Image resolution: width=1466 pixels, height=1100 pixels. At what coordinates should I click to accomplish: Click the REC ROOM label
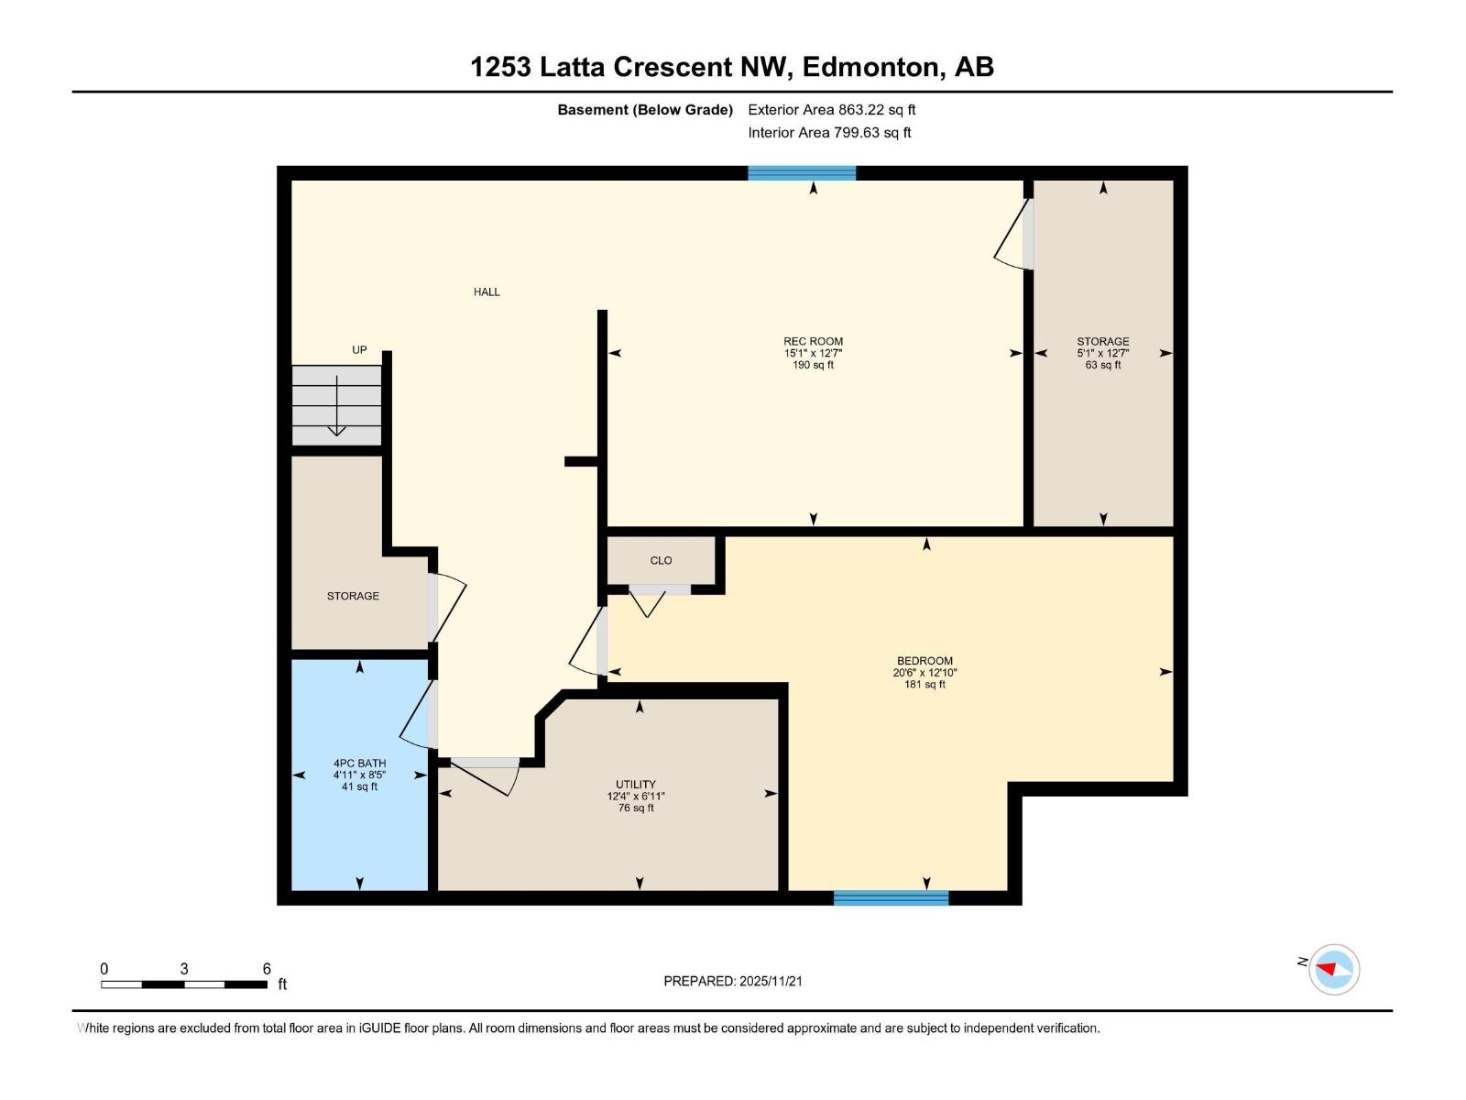[x=813, y=341]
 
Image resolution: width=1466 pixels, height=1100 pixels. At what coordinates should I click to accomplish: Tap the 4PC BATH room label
[x=359, y=763]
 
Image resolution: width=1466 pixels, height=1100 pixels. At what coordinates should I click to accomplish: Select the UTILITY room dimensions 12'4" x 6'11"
[x=635, y=797]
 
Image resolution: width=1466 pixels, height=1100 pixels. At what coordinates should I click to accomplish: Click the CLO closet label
[x=661, y=560]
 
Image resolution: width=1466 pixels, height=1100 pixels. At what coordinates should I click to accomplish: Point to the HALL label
[x=487, y=291]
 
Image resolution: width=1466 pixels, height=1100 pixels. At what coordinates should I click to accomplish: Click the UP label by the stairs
[x=359, y=349]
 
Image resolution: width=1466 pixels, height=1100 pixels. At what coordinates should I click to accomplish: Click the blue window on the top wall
[x=802, y=172]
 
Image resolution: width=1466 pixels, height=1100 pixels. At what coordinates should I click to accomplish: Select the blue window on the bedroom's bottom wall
[x=891, y=897]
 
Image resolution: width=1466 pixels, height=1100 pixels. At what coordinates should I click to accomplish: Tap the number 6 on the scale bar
[x=267, y=969]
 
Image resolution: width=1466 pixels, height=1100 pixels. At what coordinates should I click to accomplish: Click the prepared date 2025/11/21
[x=771, y=981]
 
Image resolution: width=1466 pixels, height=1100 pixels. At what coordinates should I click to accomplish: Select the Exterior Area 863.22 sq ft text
[x=831, y=109]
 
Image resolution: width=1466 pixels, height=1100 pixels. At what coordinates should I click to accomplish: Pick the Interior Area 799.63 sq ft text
[x=829, y=132]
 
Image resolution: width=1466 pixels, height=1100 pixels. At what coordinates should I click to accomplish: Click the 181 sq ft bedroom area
[x=924, y=684]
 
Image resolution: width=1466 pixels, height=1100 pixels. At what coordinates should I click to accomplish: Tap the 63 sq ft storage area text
[x=1102, y=365]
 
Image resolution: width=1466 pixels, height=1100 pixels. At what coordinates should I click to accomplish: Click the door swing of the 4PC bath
[x=417, y=715]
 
